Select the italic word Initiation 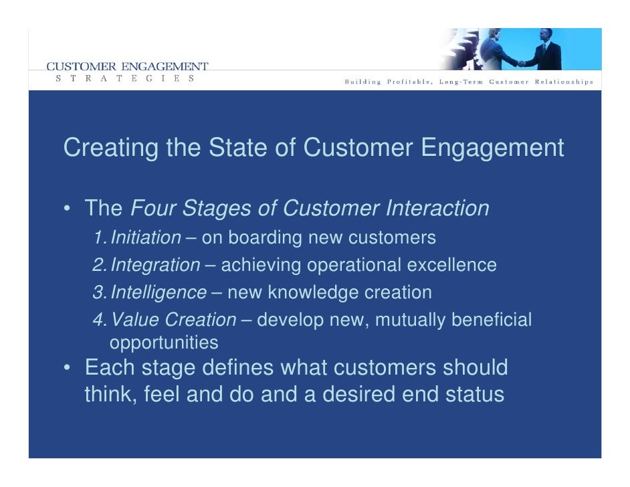(x=145, y=237)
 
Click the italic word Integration (x=154, y=266)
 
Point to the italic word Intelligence (x=158, y=293)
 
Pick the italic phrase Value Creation (x=173, y=320)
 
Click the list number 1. (x=98, y=237)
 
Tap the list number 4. (x=98, y=320)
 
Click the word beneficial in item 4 (x=492, y=320)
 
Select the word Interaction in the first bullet (x=437, y=209)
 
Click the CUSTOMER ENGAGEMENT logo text (x=127, y=66)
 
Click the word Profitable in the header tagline (x=409, y=82)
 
